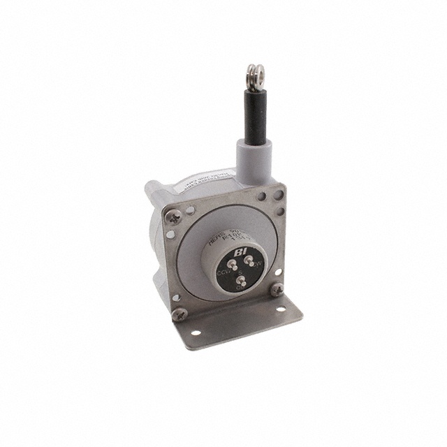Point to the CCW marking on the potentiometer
tap(224, 272)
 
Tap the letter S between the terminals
tap(241, 273)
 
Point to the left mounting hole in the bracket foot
tap(196, 334)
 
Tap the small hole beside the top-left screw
tap(190, 209)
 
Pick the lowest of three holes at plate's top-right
tap(279, 210)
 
